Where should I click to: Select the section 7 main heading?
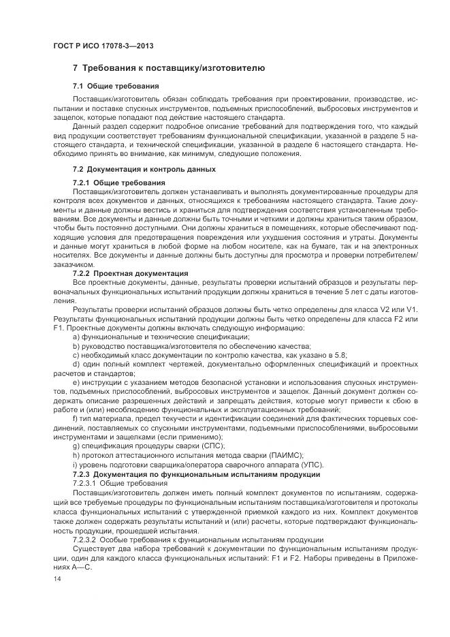[x=164, y=69]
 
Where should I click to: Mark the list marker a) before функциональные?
[x=76, y=336]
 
